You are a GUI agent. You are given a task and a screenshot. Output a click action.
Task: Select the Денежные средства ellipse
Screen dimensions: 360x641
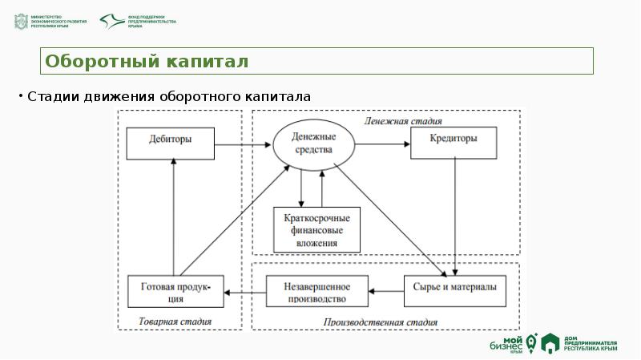coord(313,144)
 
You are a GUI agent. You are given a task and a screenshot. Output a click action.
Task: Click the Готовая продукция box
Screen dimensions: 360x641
coord(177,291)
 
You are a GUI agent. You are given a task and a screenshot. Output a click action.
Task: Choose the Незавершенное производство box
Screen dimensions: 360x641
coord(316,291)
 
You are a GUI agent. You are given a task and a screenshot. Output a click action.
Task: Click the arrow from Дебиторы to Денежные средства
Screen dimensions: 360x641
coord(244,144)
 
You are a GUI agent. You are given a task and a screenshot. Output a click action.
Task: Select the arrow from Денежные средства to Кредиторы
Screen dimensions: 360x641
coord(383,144)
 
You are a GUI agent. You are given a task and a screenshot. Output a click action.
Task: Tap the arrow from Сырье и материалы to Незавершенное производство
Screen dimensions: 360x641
coord(385,291)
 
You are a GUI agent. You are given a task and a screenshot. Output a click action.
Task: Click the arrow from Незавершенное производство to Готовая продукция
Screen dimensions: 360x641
coord(244,291)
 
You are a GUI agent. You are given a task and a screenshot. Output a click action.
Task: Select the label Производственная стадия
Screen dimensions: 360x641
coord(381,323)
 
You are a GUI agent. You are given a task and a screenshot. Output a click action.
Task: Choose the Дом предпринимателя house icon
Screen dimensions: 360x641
coord(550,344)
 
